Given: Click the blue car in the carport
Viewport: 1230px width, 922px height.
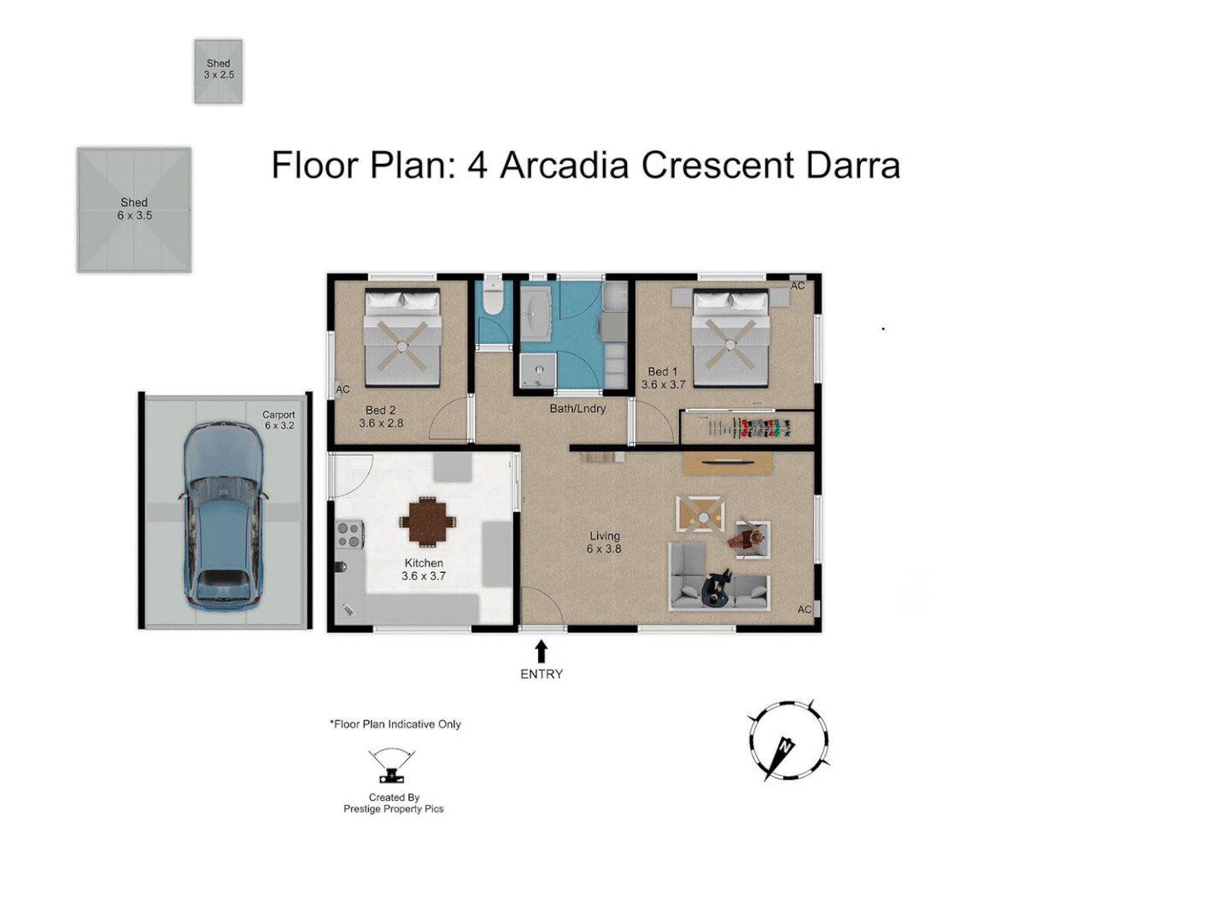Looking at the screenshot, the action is click(x=222, y=516).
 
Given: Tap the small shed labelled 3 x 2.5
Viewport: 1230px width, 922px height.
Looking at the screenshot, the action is click(x=218, y=71).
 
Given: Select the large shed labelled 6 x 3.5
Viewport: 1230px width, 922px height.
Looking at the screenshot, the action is click(x=134, y=209).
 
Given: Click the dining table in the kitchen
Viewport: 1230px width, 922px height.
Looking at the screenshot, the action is click(x=427, y=522).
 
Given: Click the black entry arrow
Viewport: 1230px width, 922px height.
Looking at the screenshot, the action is click(x=541, y=651).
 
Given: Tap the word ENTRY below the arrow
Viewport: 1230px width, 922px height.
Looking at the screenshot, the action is click(x=542, y=674).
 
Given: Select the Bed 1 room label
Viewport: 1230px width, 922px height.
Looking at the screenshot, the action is click(x=663, y=378).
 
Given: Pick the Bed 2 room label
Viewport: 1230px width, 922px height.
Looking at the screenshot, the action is click(x=381, y=417).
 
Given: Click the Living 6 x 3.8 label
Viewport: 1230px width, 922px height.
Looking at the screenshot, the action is click(x=604, y=542).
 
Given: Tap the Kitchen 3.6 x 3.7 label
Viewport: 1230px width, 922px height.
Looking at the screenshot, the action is click(x=424, y=569).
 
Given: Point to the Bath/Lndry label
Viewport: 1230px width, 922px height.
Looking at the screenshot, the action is click(x=577, y=409).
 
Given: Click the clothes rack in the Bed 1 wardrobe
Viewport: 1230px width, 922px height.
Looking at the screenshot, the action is click(x=749, y=428).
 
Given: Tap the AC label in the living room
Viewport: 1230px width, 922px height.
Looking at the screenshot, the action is click(x=804, y=609).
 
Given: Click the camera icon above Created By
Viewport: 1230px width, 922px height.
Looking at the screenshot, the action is click(x=392, y=765).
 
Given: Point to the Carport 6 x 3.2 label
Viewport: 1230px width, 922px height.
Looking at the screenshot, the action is click(x=278, y=420).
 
